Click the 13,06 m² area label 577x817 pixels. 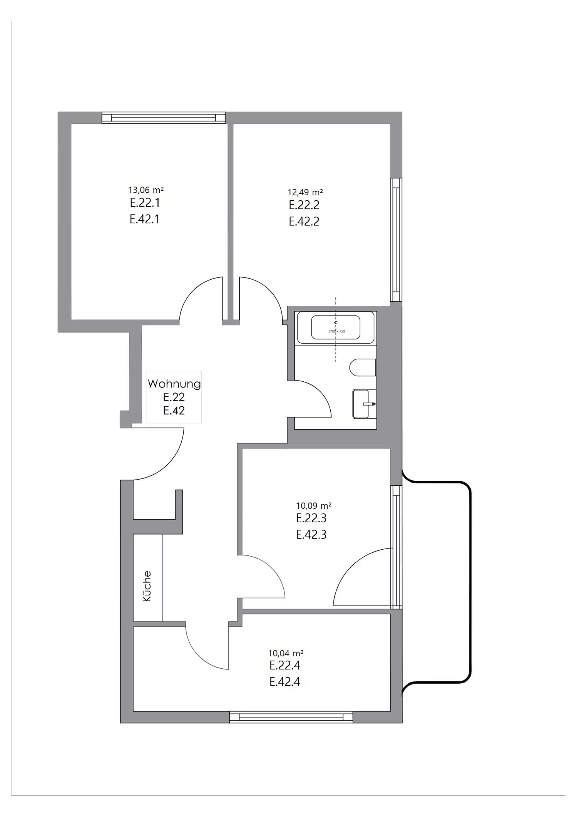click(146, 190)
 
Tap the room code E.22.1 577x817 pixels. click(145, 203)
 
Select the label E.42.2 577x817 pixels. click(304, 221)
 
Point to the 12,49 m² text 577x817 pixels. click(305, 192)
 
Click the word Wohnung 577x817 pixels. click(174, 384)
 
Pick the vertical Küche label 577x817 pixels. click(147, 586)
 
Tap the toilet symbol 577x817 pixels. click(363, 367)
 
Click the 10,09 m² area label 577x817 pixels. click(314, 506)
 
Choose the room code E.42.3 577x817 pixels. click(311, 535)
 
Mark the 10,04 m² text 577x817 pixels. click(286, 653)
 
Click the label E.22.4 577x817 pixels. click(284, 665)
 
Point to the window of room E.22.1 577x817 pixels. click(163, 117)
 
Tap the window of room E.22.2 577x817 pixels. click(396, 239)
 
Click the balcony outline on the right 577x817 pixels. click(470, 582)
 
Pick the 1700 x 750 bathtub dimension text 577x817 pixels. click(336, 331)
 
